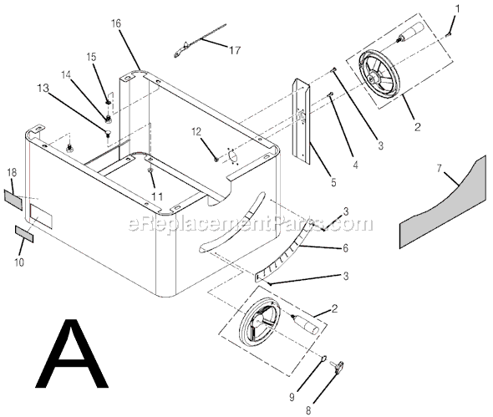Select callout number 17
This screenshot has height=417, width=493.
tap(235, 50)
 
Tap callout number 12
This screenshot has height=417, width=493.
tap(197, 131)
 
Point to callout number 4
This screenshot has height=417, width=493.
tap(355, 165)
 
